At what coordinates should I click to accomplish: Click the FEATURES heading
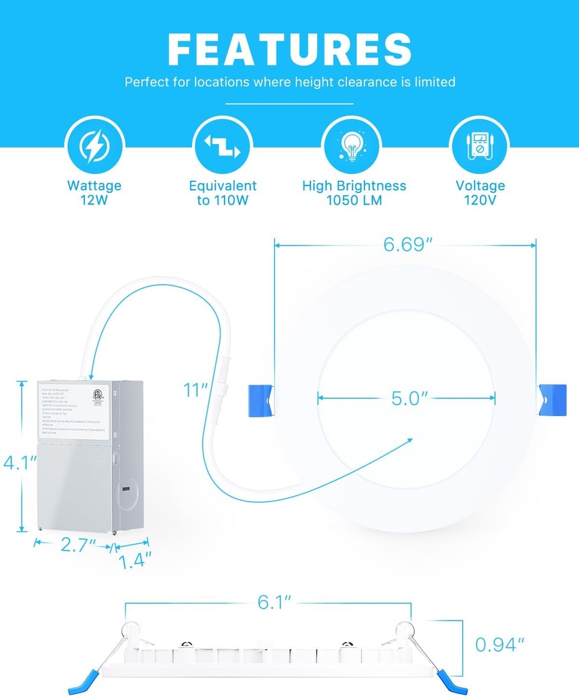pyautogui.click(x=290, y=49)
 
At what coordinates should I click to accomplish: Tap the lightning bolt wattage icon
pyautogui.click(x=94, y=145)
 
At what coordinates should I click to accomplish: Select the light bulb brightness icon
pyautogui.click(x=351, y=145)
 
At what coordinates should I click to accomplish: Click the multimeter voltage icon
pyautogui.click(x=480, y=145)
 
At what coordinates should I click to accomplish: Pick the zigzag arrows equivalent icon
pyautogui.click(x=223, y=145)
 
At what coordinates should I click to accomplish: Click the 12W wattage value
pyautogui.click(x=94, y=201)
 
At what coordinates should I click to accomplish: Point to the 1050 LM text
pyautogui.click(x=354, y=201)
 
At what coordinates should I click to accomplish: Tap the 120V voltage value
pyautogui.click(x=480, y=201)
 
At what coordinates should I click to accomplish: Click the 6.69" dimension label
pyautogui.click(x=408, y=245)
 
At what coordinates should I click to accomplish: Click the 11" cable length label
pyautogui.click(x=195, y=390)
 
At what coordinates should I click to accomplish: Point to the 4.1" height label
pyautogui.click(x=20, y=463)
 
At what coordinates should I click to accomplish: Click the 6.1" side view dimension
pyautogui.click(x=274, y=602)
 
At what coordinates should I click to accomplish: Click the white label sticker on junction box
pyautogui.click(x=73, y=410)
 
